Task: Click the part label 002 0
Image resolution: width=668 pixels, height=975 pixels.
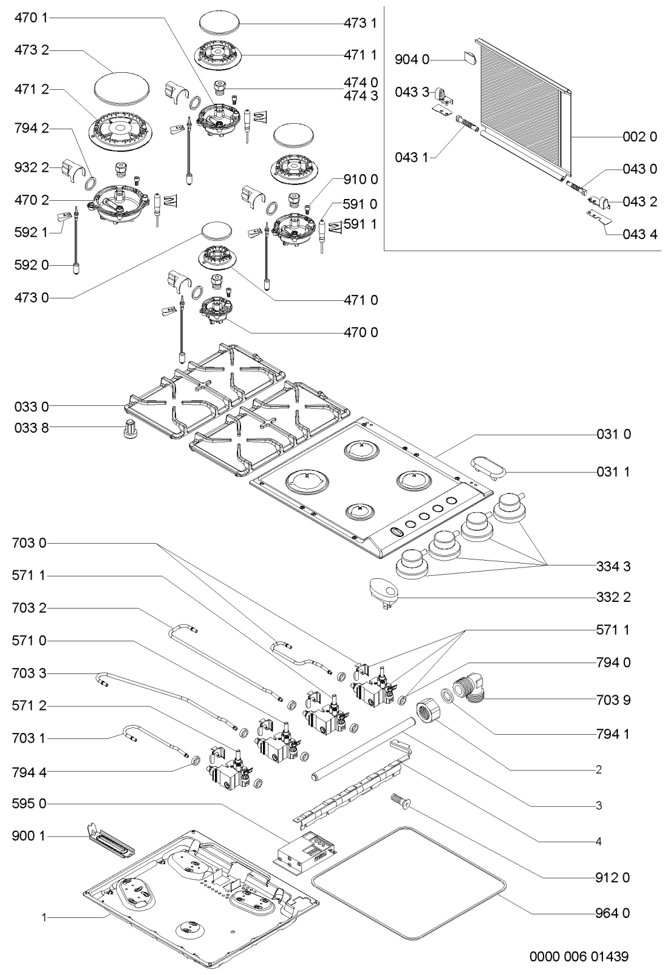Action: [639, 137]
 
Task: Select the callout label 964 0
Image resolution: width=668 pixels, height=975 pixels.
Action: [613, 913]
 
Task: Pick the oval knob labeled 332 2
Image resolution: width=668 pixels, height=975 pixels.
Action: [383, 592]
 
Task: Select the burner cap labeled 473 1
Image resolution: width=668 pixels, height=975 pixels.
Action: [220, 22]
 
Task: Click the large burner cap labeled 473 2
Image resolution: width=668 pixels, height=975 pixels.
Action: [123, 89]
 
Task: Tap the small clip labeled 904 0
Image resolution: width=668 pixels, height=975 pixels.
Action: [470, 57]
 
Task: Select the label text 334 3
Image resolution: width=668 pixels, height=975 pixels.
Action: [613, 566]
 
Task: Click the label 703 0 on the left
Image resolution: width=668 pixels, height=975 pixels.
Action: [29, 543]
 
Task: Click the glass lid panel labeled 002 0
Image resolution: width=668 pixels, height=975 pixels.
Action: [523, 109]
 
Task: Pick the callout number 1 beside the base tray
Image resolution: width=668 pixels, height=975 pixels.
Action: [44, 917]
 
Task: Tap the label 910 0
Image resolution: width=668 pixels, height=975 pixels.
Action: [360, 180]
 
